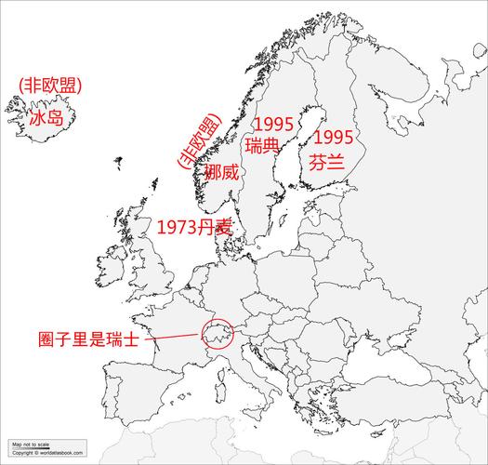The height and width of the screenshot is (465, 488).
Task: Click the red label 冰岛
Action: [x=45, y=119]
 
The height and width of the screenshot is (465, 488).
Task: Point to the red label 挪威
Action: [x=222, y=173]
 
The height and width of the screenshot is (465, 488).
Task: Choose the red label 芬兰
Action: [x=328, y=160]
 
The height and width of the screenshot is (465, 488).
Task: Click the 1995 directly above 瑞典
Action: [x=272, y=124]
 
